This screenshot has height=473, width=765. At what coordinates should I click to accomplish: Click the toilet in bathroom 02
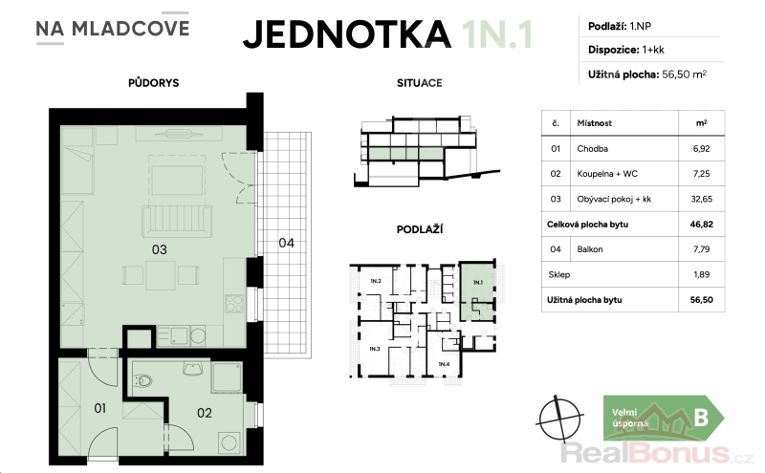point(142,379)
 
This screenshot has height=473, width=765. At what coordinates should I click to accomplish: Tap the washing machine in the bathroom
point(229,442)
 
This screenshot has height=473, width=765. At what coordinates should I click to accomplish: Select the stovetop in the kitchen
point(234,303)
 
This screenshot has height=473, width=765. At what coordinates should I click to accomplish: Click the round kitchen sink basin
point(198,335)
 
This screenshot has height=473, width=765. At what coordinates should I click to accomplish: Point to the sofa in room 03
point(177,221)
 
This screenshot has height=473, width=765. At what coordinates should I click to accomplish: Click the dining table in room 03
point(161,275)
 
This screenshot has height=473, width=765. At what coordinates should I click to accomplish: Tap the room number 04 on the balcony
point(286,243)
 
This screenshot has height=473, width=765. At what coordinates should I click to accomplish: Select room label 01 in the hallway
point(100,408)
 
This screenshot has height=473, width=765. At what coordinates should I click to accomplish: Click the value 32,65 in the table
point(702,199)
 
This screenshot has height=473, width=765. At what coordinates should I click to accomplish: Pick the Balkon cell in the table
point(590,249)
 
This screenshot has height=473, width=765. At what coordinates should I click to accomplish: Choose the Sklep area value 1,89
point(702,274)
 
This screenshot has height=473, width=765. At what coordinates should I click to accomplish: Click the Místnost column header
point(594,123)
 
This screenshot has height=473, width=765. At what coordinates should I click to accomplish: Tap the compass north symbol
point(560,418)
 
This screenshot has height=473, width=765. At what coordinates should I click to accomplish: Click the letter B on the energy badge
point(701,418)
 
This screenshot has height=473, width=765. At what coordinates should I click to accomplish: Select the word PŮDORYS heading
point(154,83)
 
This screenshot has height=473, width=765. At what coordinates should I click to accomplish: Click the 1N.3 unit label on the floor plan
point(375,349)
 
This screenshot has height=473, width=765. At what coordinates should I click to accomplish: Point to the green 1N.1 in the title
point(497,34)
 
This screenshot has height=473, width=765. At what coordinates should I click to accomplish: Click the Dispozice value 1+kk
point(653,50)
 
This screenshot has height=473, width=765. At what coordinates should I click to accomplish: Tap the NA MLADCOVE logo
point(112,29)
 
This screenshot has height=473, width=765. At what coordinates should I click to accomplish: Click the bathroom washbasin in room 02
point(193,368)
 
